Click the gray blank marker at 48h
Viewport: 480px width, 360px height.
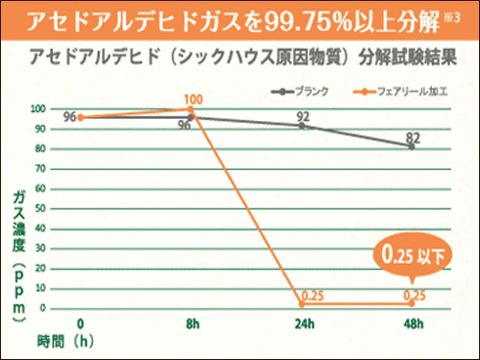pos(412,146)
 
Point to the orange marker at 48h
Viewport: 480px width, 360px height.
pos(412,303)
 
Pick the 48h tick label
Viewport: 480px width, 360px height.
pos(412,324)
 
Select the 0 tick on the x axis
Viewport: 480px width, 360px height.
pos(81,324)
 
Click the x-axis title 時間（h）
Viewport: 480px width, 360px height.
pos(67,340)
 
